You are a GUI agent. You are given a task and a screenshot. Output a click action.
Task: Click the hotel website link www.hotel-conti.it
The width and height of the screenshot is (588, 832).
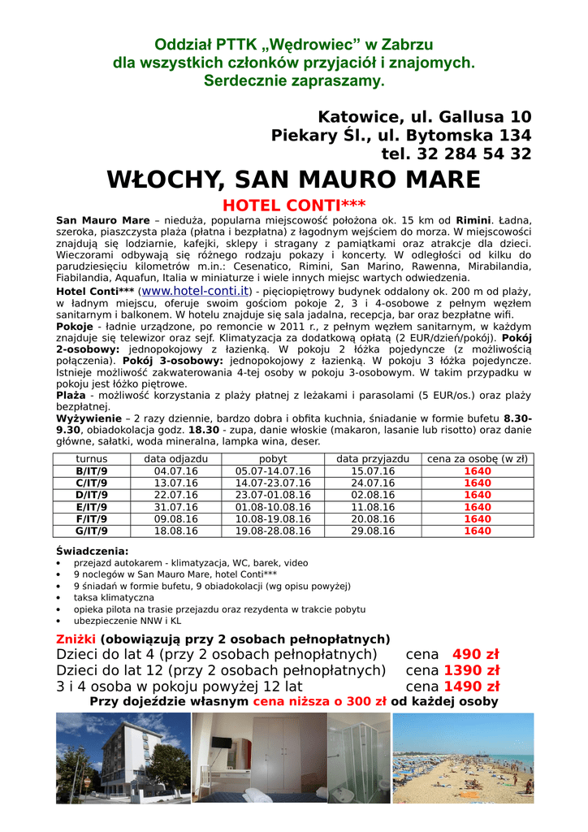tap(196, 290)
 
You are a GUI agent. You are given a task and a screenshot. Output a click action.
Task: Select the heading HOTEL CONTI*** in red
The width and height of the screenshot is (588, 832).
tap(294, 205)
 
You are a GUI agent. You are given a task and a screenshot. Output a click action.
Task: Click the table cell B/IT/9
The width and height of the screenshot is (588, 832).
tap(92, 471)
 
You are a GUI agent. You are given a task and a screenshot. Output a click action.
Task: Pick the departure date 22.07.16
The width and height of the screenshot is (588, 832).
tap(176, 495)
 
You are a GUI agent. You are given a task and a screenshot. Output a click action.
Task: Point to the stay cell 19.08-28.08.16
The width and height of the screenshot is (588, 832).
tap(273, 531)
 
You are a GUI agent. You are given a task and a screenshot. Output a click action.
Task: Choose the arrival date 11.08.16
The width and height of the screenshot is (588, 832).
tap(373, 507)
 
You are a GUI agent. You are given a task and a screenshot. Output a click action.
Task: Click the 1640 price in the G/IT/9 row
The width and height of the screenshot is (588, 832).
tap(478, 531)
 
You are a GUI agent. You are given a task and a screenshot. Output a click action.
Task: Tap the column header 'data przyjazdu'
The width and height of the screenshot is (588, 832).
tap(373, 459)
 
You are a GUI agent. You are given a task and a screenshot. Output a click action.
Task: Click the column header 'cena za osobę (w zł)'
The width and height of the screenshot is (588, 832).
tap(478, 459)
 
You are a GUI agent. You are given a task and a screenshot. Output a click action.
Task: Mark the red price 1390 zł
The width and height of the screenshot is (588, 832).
tap(471, 670)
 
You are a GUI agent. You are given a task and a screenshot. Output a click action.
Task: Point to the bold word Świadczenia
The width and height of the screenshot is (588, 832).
tap(92, 551)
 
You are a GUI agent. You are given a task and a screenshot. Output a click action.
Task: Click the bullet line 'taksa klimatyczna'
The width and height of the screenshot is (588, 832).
tap(114, 597)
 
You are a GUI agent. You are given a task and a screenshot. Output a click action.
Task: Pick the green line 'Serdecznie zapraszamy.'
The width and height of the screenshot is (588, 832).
tap(293, 81)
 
